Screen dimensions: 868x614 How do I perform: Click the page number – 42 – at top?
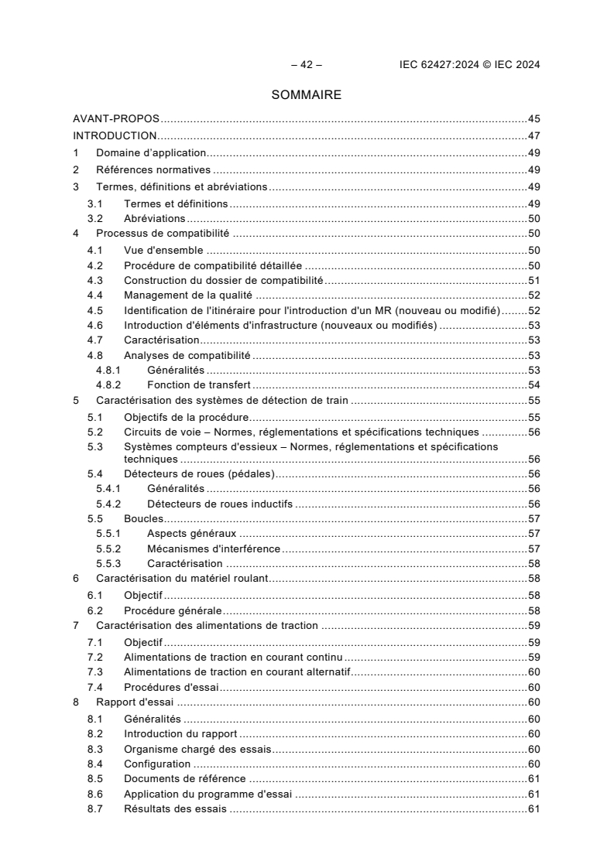pyautogui.click(x=306, y=65)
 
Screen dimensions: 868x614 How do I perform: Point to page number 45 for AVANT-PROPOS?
pyautogui.click(x=533, y=119)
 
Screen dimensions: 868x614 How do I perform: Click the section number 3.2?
pyautogui.click(x=95, y=219)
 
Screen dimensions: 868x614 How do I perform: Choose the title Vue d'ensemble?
pyautogui.click(x=163, y=251)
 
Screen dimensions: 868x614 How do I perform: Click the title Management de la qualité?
pyautogui.click(x=190, y=295)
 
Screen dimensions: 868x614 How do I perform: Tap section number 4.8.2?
pyautogui.click(x=108, y=384)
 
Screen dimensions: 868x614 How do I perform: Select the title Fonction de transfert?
pyautogui.click(x=198, y=384)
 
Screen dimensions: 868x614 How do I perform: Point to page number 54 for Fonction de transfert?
pyautogui.click(x=533, y=384)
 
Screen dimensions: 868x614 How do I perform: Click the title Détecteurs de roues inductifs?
pyautogui.click(x=219, y=504)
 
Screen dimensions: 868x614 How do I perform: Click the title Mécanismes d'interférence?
pyautogui.click(x=213, y=548)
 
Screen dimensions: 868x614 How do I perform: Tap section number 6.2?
pyautogui.click(x=95, y=610)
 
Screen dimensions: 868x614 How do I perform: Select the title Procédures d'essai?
pyautogui.click(x=172, y=687)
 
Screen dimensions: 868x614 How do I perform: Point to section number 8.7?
pyautogui.click(x=95, y=809)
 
